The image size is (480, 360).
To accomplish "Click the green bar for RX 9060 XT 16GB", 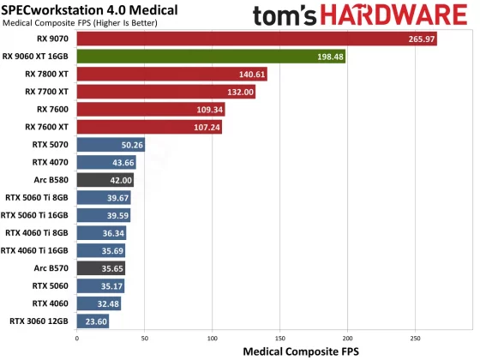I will coord(211,57).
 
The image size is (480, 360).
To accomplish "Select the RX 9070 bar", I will coord(256,39).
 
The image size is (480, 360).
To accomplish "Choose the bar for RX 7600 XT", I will coord(151,127).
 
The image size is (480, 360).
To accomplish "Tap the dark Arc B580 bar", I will coord(105,180).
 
